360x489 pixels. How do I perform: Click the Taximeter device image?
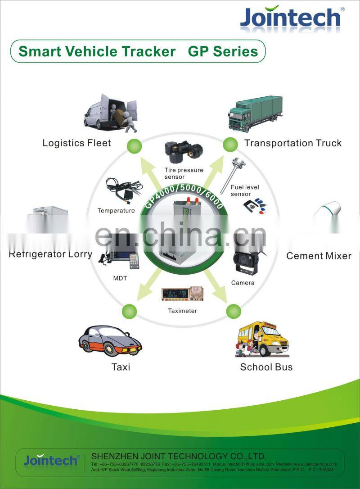182,294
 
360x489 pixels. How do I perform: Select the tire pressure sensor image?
183,152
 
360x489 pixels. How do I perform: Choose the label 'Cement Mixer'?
319,256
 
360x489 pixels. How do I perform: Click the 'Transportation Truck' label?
293,143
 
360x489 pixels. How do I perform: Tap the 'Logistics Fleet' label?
76,143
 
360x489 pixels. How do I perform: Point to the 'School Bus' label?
266,367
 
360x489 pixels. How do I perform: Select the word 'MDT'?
120,278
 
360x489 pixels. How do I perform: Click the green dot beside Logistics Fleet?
134,145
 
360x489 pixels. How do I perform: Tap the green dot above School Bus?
234,311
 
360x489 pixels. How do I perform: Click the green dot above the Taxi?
129,311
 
